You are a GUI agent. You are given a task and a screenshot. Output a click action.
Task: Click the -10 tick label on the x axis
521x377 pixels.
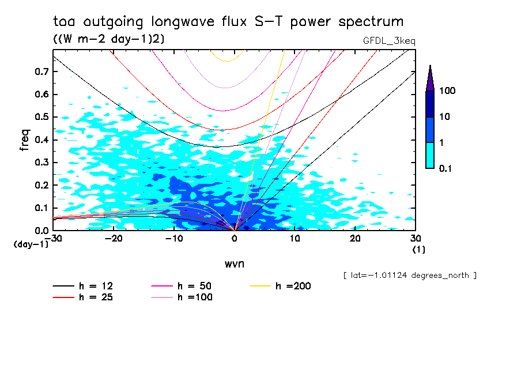click(173, 238)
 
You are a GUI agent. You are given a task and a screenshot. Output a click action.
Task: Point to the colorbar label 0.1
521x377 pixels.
click(447, 168)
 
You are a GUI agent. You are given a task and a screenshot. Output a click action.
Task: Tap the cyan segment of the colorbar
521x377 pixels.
click(430, 155)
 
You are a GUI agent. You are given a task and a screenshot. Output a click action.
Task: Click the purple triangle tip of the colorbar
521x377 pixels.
click(430, 78)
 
